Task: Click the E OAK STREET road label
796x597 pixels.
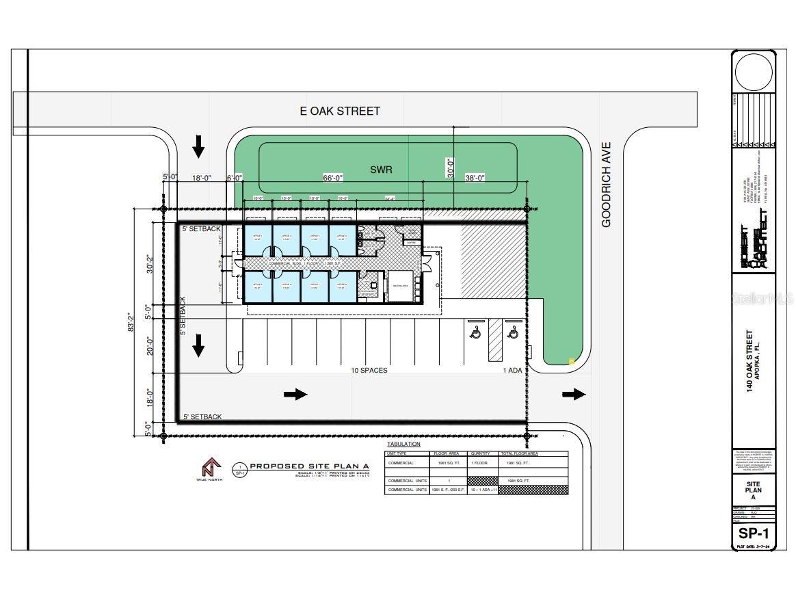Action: click(340, 111)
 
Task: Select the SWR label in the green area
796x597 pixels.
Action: click(381, 169)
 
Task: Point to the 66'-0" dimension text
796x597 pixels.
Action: click(332, 178)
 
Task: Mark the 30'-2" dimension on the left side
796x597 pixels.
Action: click(150, 263)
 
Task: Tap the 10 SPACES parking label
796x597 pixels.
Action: click(369, 371)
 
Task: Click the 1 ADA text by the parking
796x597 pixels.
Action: click(513, 371)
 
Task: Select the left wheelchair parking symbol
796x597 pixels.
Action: click(475, 332)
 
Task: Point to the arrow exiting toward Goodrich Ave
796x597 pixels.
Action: click(574, 394)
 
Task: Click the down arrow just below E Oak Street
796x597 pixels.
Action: click(198, 146)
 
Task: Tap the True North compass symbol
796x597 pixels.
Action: click(209, 468)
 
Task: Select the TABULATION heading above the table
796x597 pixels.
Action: click(403, 445)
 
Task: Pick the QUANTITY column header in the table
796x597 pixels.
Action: click(481, 453)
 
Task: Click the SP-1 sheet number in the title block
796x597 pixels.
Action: click(754, 533)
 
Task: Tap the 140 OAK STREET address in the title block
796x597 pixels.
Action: click(750, 361)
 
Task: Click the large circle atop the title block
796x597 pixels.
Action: click(754, 72)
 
